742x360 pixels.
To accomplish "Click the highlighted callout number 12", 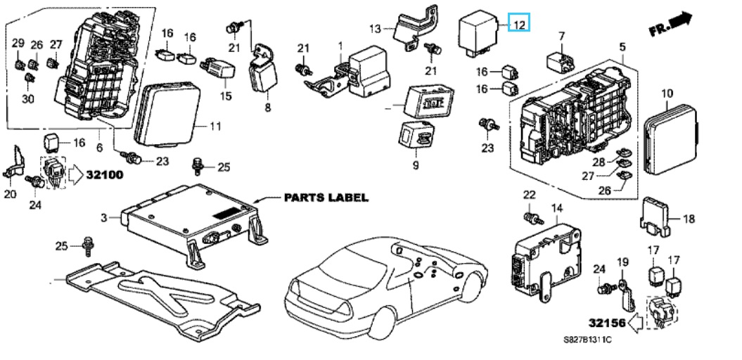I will [x=519, y=25].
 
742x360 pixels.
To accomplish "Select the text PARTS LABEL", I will [x=326, y=198].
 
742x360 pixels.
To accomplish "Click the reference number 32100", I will [x=105, y=173].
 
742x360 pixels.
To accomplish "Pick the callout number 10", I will [x=667, y=93].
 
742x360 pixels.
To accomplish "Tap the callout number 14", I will [x=557, y=208].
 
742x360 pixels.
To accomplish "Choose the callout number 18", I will [x=689, y=219].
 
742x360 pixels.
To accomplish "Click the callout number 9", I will [x=415, y=165].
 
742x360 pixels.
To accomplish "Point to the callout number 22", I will [x=529, y=194].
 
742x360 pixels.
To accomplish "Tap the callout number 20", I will [x=10, y=194].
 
